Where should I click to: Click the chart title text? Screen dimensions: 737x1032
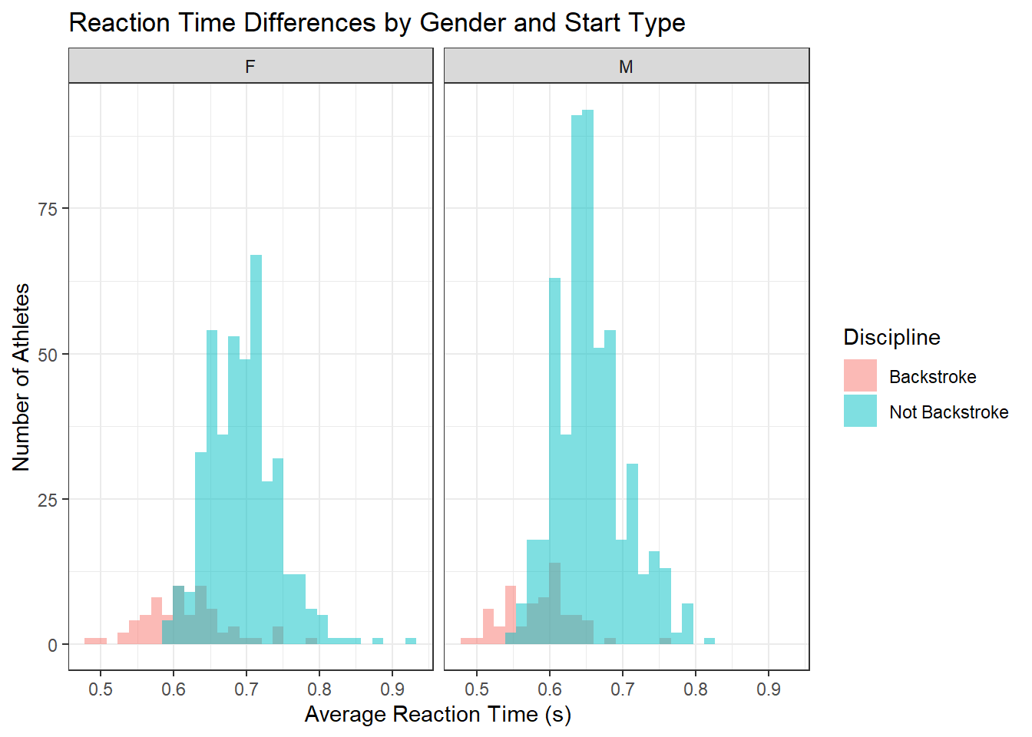[376, 23]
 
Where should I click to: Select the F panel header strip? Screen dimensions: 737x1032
[250, 66]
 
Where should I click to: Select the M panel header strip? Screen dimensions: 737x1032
[626, 66]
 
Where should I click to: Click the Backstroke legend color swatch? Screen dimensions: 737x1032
[860, 376]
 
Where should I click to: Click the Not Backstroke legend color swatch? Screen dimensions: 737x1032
[860, 411]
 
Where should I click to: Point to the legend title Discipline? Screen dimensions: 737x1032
[891, 337]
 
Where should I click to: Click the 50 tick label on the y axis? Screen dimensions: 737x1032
[48, 355]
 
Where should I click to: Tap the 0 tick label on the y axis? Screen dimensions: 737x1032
[52, 646]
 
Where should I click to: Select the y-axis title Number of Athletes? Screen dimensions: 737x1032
[21, 376]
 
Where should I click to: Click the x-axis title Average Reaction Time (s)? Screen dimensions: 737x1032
[438, 714]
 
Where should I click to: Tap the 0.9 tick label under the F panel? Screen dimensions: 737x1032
[392, 689]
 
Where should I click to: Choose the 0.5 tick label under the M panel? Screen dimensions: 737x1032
[477, 689]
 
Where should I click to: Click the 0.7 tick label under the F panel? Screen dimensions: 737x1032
[246, 689]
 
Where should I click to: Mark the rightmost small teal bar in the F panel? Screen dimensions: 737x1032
[411, 641]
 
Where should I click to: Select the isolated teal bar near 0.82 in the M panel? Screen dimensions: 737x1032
[709, 641]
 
